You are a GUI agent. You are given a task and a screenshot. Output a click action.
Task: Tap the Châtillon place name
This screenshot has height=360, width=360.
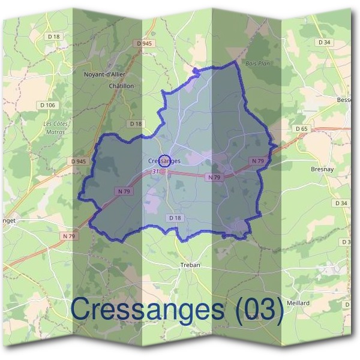(121, 86)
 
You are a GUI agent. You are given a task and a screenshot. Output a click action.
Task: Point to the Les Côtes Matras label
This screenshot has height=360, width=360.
(56, 127)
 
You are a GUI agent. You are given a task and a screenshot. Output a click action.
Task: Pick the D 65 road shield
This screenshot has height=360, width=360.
(302, 129)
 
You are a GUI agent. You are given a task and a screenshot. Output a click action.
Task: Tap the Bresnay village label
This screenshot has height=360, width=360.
(322, 170)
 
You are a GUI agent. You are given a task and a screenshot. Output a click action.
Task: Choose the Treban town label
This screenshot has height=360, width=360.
(190, 265)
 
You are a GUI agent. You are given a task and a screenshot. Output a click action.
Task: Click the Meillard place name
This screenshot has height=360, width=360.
(298, 303)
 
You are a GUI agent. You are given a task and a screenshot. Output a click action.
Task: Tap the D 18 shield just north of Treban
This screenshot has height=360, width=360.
(175, 218)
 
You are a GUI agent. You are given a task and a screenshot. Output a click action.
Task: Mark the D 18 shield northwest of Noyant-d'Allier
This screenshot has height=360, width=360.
(54, 37)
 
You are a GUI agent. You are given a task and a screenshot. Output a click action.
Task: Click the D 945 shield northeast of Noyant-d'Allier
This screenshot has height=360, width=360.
(143, 43)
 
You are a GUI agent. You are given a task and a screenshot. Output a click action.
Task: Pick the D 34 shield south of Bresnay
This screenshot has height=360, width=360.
(341, 203)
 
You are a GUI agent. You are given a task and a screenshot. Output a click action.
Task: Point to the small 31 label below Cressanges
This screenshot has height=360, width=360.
(156, 171)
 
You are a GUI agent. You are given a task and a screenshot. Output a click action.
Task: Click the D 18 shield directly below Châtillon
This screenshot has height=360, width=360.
(137, 124)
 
